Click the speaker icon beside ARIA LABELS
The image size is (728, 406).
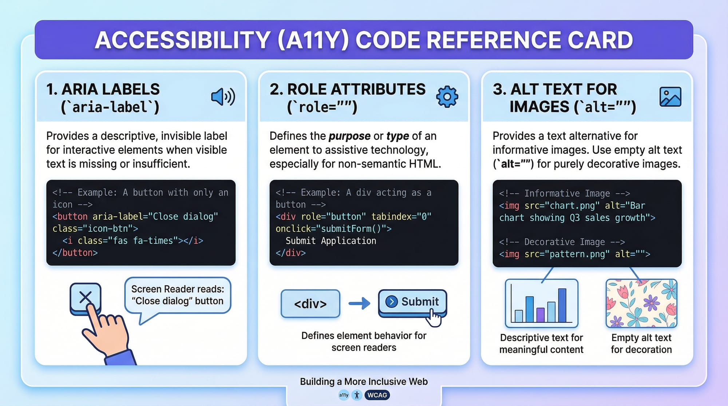click(x=223, y=97)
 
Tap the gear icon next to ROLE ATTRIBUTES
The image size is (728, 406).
click(x=447, y=96)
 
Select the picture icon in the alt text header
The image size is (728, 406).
click(x=670, y=97)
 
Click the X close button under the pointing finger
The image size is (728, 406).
click(x=86, y=298)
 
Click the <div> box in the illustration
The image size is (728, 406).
click(x=310, y=303)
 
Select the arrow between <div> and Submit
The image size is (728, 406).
click(x=359, y=303)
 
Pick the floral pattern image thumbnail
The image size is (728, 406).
click(x=641, y=303)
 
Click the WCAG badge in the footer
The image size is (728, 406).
click(x=377, y=395)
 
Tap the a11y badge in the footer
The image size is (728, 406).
click(x=344, y=395)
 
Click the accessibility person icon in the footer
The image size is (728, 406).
click(x=357, y=395)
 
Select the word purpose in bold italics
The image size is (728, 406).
click(x=349, y=136)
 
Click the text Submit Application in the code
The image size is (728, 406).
click(x=331, y=241)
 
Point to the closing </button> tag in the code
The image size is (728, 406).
click(x=75, y=253)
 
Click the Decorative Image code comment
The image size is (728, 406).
click(x=562, y=242)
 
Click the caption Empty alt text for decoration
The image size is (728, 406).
click(x=641, y=343)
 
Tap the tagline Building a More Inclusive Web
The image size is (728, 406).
click(x=364, y=381)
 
